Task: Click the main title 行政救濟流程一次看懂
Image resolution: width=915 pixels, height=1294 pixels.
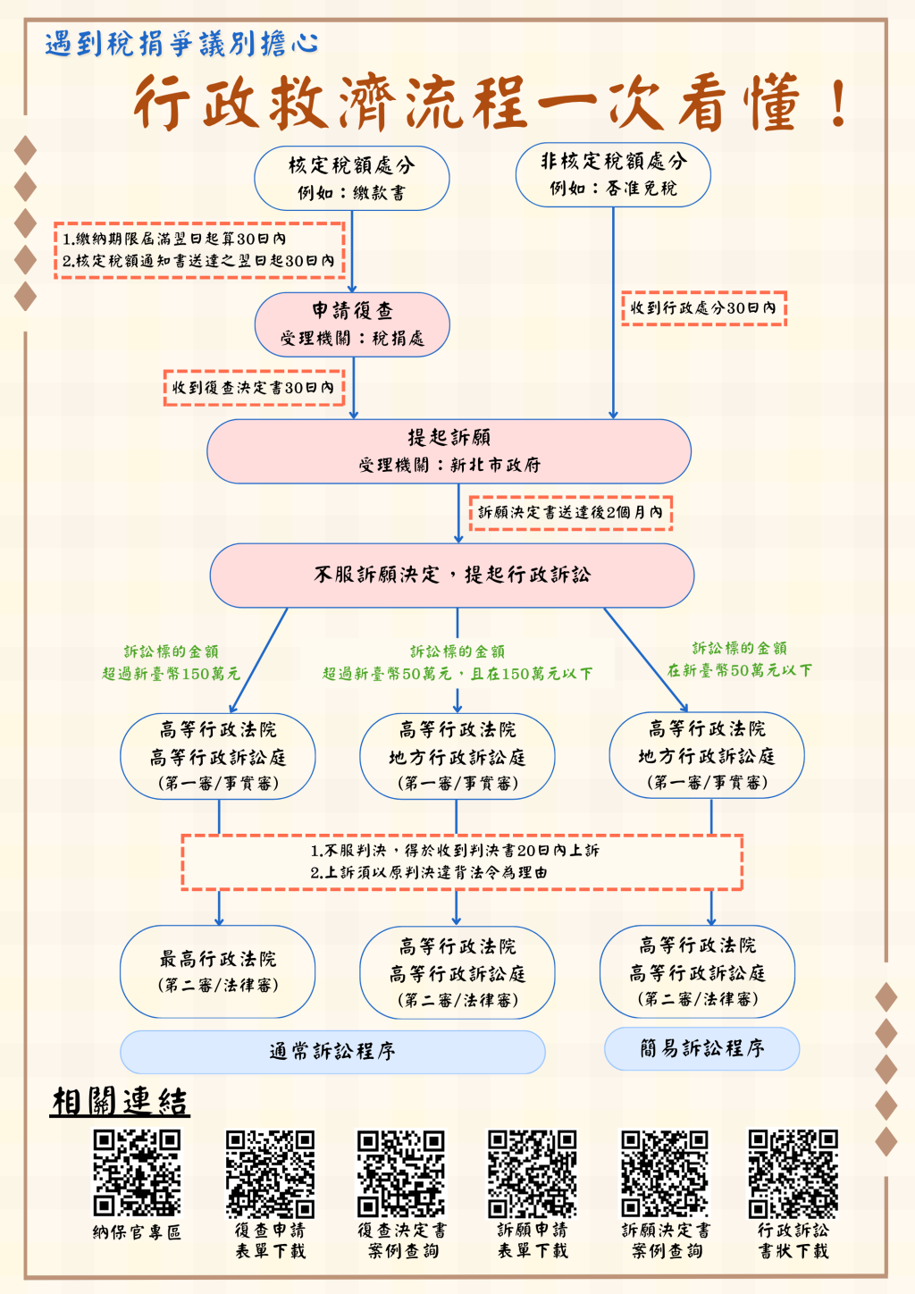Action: [491, 103]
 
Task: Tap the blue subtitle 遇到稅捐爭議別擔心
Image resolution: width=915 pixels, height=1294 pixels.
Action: [181, 43]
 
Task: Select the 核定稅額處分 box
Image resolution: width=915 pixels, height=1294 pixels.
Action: [351, 178]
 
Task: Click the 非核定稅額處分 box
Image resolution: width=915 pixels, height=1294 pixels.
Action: [613, 174]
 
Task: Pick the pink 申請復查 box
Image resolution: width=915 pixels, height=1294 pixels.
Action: [352, 323]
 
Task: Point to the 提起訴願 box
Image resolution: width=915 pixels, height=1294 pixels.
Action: [449, 450]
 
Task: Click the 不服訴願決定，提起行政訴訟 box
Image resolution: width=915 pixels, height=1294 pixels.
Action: [452, 575]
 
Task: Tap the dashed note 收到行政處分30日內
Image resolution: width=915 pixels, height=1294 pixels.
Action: [703, 308]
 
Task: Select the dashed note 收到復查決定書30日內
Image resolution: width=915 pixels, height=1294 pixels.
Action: [254, 388]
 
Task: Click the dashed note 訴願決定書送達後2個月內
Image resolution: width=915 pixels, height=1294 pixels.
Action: [570, 513]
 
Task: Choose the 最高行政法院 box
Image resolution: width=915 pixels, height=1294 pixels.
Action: [218, 970]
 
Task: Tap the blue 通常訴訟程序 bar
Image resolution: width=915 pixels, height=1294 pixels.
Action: [332, 1052]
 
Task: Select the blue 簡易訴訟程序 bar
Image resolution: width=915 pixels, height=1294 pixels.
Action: [701, 1048]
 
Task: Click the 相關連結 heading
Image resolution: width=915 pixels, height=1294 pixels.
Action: [120, 1101]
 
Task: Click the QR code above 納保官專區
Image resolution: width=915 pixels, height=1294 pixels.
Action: [137, 1172]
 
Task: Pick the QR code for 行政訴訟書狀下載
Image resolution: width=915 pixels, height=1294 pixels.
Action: [793, 1172]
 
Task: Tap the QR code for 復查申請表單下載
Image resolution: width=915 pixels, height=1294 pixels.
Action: [270, 1172]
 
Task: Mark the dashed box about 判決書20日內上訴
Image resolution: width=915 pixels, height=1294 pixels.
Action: [462, 861]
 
